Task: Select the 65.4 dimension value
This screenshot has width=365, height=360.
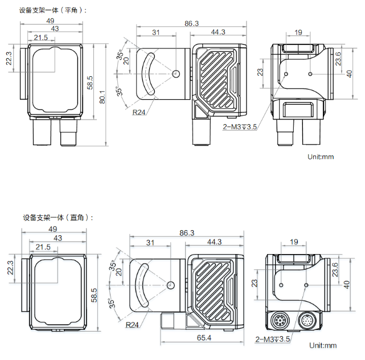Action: click(x=203, y=338)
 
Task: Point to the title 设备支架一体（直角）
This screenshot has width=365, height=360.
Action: click(x=58, y=218)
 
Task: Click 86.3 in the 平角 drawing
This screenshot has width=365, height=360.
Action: click(x=191, y=23)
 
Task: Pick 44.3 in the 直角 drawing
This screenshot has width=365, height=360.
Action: click(x=214, y=242)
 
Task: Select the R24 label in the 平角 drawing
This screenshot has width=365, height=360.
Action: click(x=139, y=112)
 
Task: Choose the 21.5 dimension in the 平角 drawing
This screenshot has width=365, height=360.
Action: click(x=41, y=38)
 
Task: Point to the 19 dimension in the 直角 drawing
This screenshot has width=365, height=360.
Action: click(x=294, y=242)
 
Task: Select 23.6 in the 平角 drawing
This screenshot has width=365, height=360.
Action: click(x=337, y=58)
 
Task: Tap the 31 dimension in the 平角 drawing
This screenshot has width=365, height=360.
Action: click(x=156, y=32)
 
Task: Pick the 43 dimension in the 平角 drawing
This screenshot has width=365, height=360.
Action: click(x=55, y=28)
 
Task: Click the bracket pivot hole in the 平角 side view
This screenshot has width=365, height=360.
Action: click(x=176, y=73)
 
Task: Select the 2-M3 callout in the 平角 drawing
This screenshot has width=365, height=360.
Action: click(x=240, y=126)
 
